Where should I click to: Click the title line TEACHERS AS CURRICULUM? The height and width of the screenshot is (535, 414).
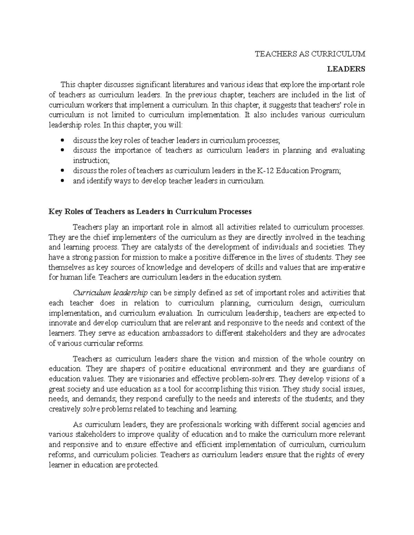[x=309, y=54]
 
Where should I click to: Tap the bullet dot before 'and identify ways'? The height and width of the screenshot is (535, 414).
[x=62, y=181]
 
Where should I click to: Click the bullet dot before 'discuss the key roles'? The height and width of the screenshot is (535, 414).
[x=62, y=140]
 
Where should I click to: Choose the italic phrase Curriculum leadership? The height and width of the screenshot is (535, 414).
[x=110, y=293]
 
